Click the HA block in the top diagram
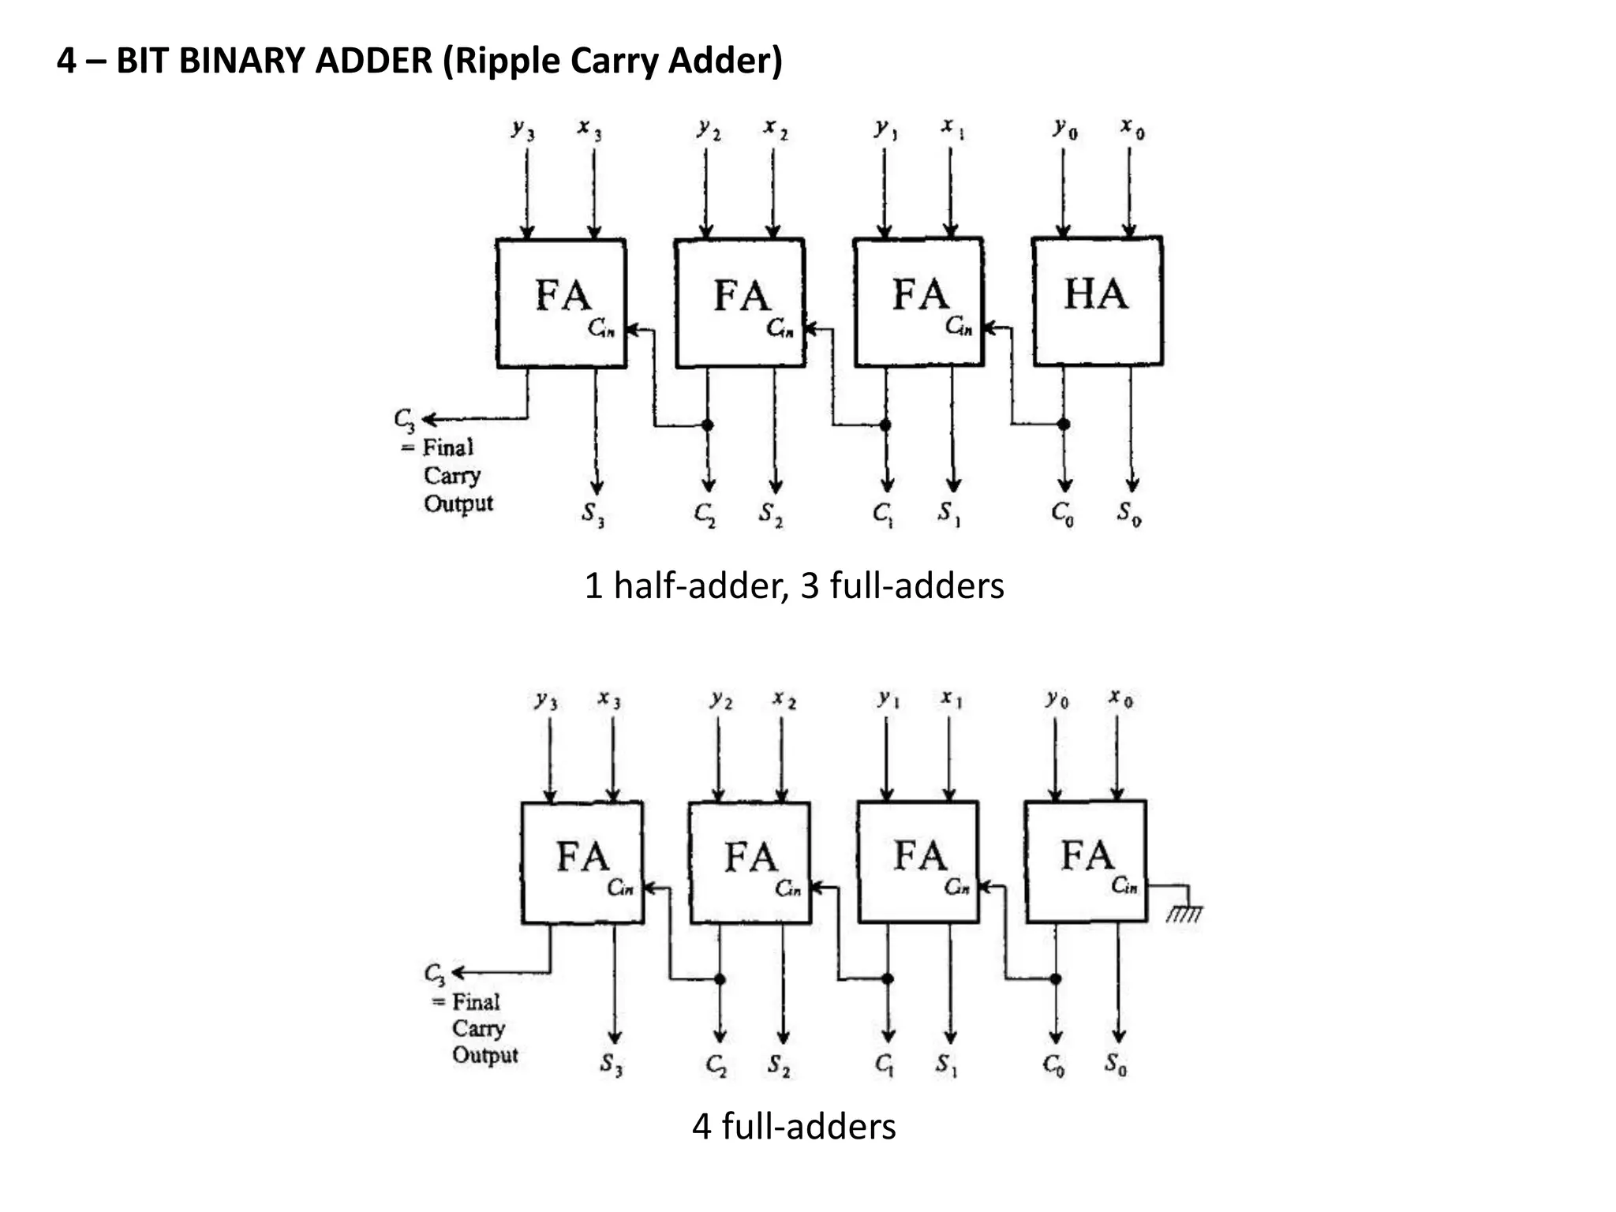click(x=1097, y=301)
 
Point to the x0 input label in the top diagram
click(x=1132, y=128)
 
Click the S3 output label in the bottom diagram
click(x=612, y=1065)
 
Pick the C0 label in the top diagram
click(x=1062, y=514)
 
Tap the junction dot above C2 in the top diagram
click(x=708, y=425)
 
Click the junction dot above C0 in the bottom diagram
click(x=1056, y=979)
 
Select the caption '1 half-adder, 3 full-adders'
click(x=794, y=586)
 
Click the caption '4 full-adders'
click(x=794, y=1126)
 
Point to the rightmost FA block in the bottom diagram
click(x=1086, y=862)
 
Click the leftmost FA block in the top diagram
click(x=562, y=303)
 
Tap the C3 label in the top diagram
click(x=404, y=420)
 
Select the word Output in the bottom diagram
click(x=484, y=1055)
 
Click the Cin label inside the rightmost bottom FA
click(x=1124, y=886)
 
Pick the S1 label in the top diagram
click(x=948, y=514)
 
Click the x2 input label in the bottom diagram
click(x=784, y=699)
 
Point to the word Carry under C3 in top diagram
click(x=451, y=476)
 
